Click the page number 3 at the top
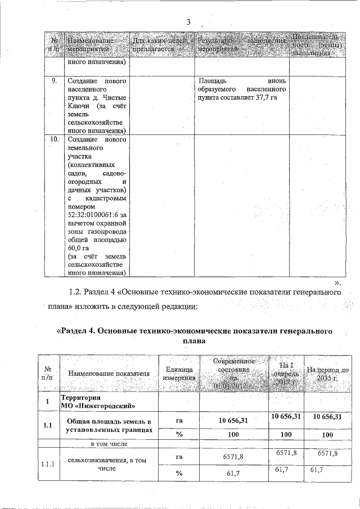pyautogui.click(x=188, y=23)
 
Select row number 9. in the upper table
pyautogui.click(x=54, y=81)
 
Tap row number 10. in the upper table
pyautogui.click(x=54, y=139)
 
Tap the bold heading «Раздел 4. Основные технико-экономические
pyautogui.click(x=195, y=330)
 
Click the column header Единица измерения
pyautogui.click(x=179, y=373)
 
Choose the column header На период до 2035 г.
pyautogui.click(x=329, y=373)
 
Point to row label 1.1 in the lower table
pyautogui.click(x=48, y=425)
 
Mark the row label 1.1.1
pyautogui.click(x=48, y=465)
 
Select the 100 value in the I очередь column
pyautogui.click(x=286, y=435)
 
